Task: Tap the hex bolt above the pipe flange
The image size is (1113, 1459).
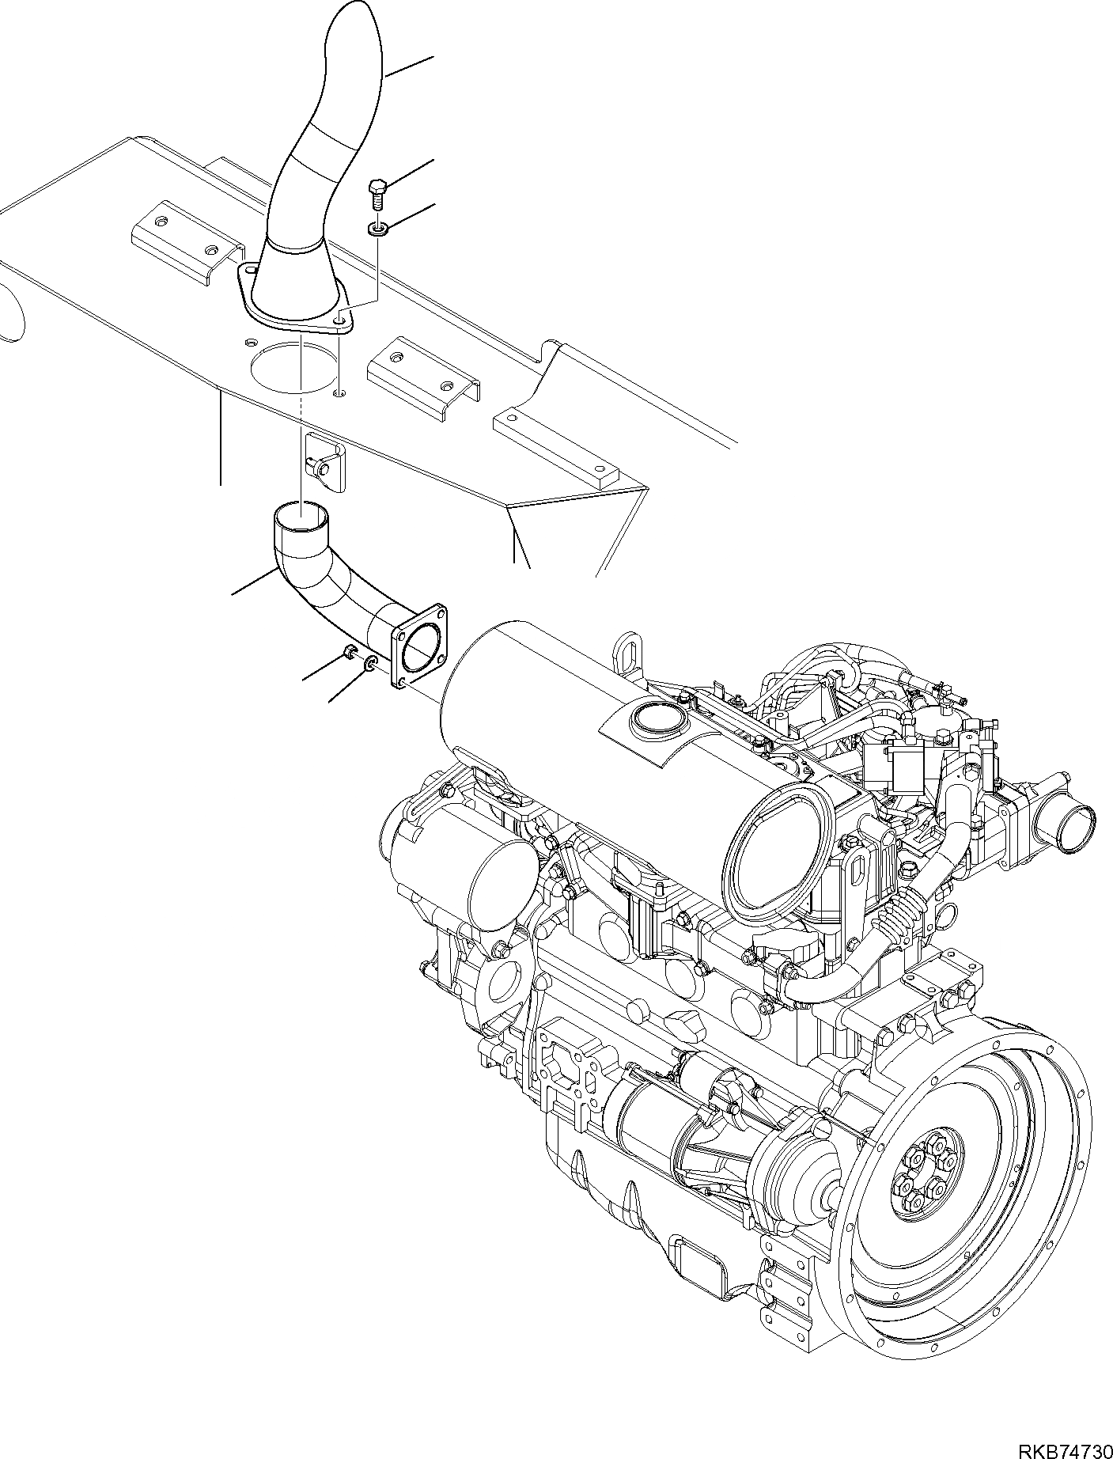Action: [377, 190]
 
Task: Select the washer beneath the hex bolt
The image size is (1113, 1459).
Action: [377, 229]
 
